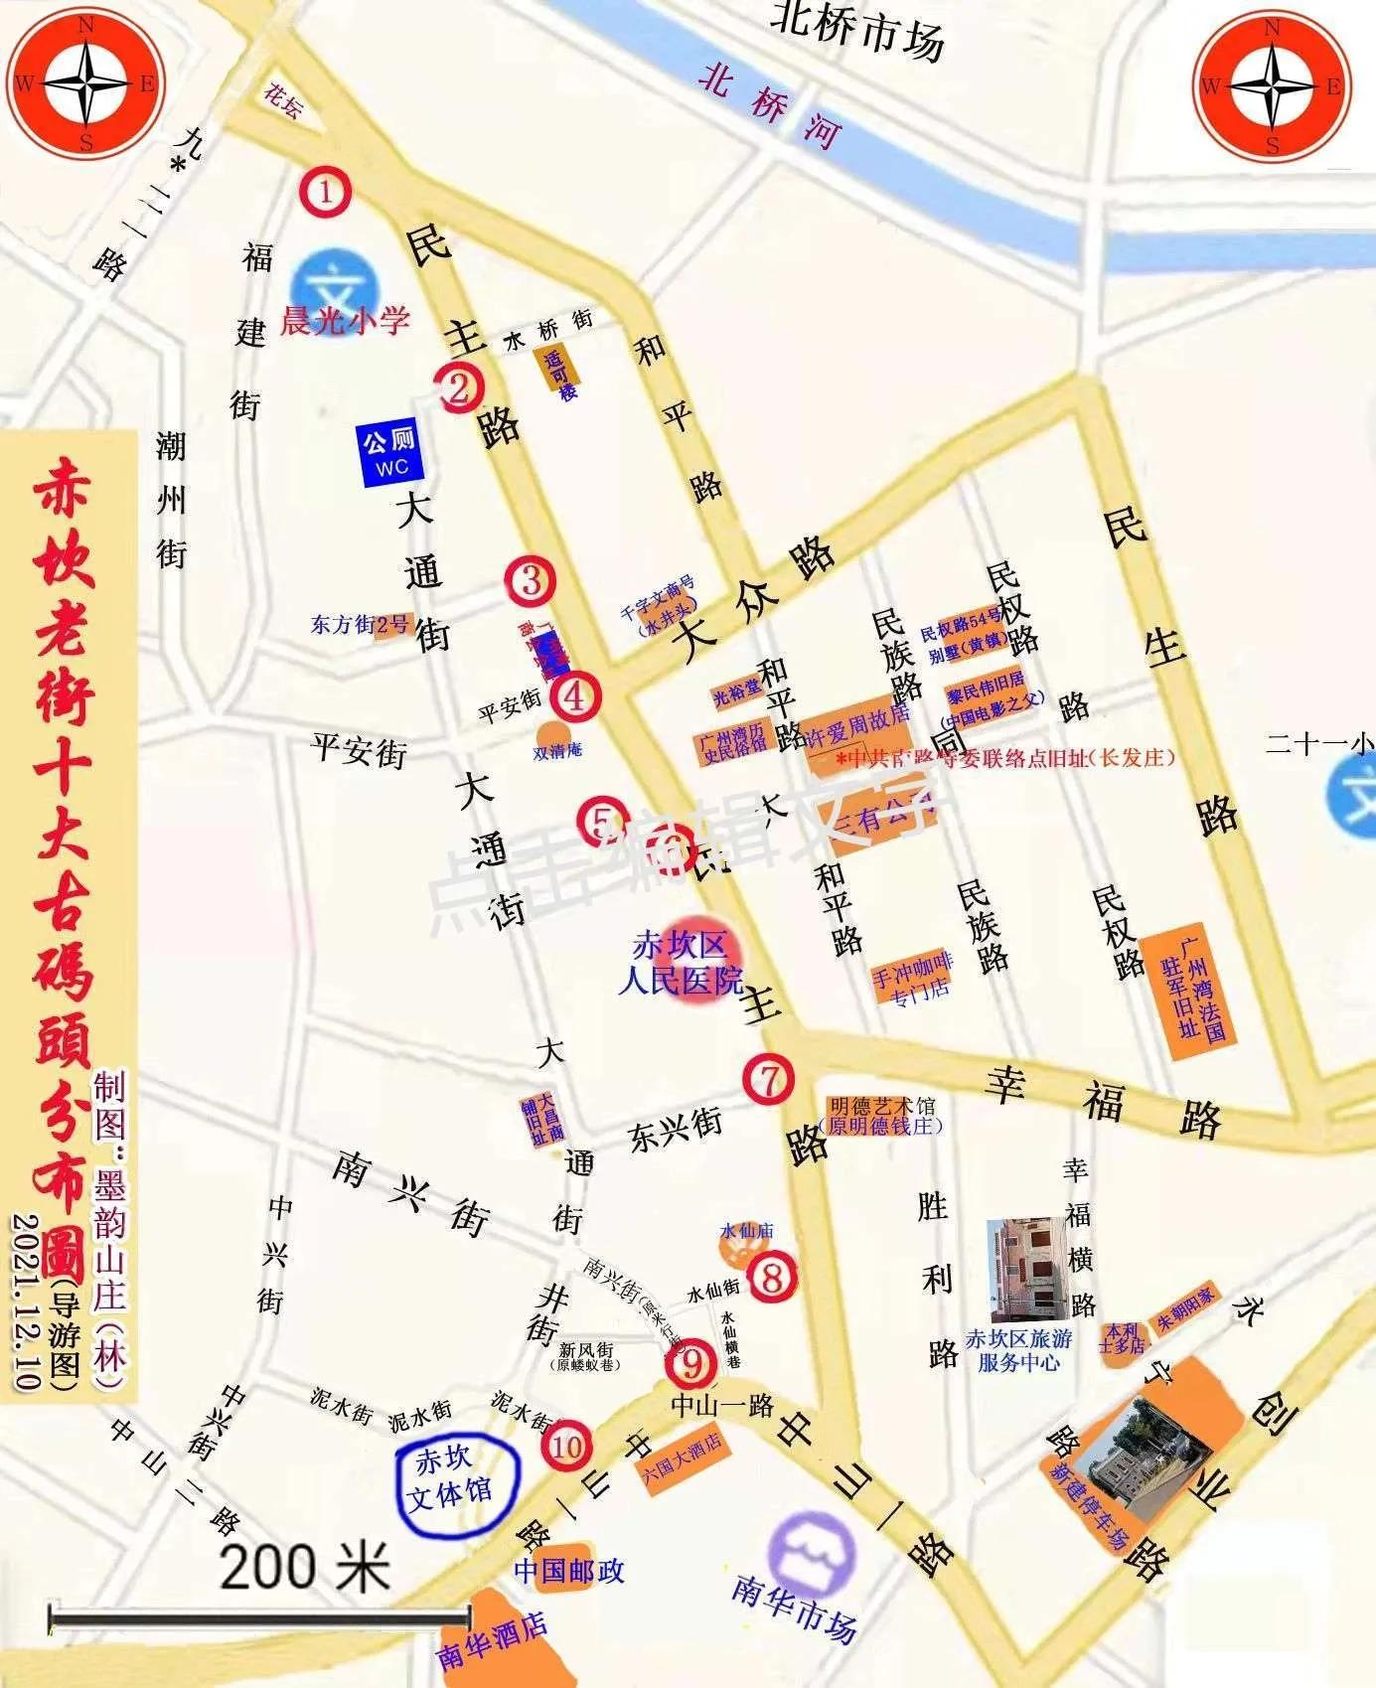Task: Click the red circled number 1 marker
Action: (x=327, y=192)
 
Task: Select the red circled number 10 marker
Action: (x=567, y=1446)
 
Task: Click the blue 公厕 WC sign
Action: (x=390, y=453)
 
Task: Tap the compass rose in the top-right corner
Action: (x=1272, y=86)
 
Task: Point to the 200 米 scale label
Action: (x=304, y=1567)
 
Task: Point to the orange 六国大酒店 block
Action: (x=684, y=1457)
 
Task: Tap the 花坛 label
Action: (x=283, y=100)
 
